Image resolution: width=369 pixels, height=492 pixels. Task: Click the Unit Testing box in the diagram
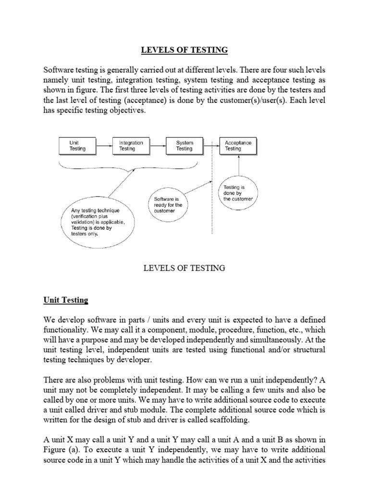[77, 146]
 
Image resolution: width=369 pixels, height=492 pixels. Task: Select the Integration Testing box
[131, 146]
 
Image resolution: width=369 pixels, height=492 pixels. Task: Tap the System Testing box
[184, 146]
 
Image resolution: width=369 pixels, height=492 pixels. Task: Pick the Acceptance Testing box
[238, 146]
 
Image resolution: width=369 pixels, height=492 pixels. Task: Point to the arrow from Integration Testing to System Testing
[157, 146]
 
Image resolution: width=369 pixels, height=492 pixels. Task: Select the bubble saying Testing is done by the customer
[238, 192]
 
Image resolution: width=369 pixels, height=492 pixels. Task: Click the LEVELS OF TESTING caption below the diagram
[184, 268]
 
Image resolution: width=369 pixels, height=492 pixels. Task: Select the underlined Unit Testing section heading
[64, 300]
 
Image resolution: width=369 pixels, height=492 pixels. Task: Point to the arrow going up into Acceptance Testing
[239, 163]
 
